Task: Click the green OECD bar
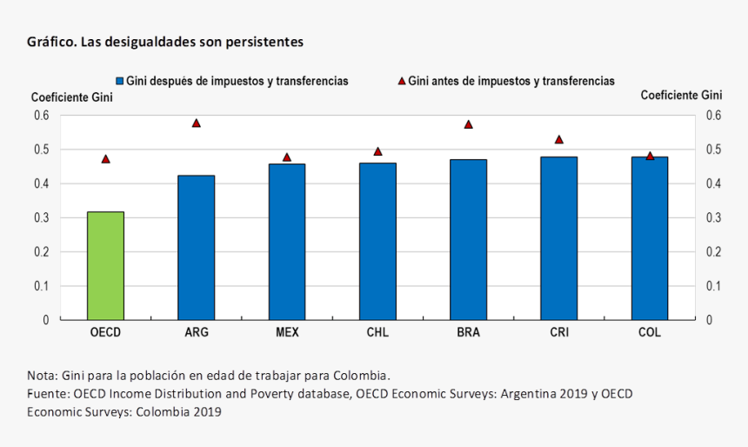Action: tap(105, 265)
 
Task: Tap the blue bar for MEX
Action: tap(287, 241)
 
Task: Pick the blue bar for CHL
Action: tap(377, 241)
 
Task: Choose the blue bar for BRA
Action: tap(468, 239)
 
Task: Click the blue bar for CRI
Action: tap(558, 237)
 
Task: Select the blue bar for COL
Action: tap(650, 237)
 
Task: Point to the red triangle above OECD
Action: tap(106, 159)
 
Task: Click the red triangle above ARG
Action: tap(197, 123)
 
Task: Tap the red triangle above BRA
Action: tap(468, 124)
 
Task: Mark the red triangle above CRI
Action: tap(559, 139)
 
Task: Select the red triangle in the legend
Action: tap(402, 81)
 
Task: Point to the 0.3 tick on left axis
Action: tap(41, 217)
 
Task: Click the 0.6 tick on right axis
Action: tap(713, 116)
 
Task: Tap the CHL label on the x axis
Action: tap(377, 332)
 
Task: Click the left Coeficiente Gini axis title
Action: tap(72, 97)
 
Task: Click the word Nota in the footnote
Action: tap(41, 376)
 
